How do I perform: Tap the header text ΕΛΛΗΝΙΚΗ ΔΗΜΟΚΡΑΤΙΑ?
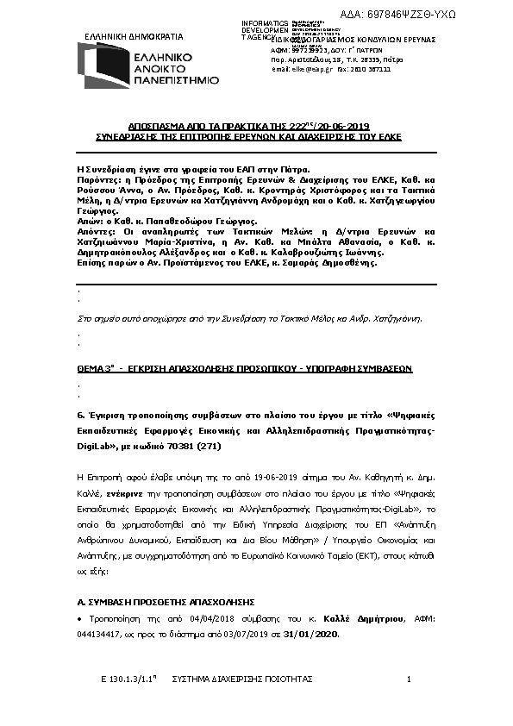tap(135, 37)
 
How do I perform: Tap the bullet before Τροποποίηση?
tap(80, 621)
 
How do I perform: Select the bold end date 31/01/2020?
tap(314, 635)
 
